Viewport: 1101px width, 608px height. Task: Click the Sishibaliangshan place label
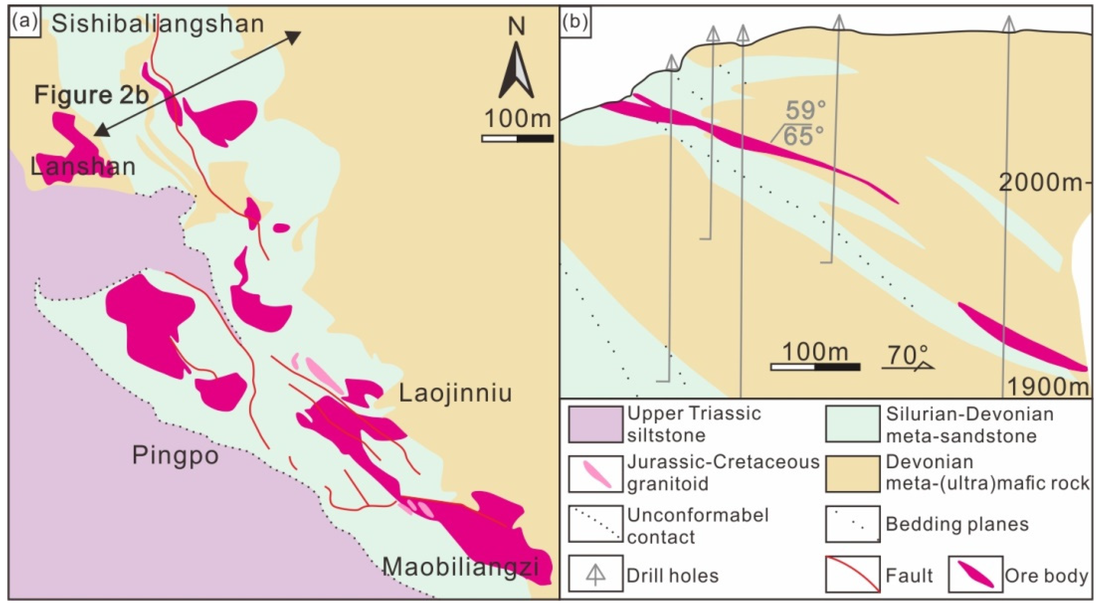pos(157,24)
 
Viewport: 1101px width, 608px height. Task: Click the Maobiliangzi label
pos(460,567)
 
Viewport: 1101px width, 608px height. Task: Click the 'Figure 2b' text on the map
pos(91,95)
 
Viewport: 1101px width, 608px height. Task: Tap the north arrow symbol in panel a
pos(516,71)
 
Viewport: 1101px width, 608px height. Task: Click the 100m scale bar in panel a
pos(517,138)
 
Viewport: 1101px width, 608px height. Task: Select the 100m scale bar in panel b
pos(815,366)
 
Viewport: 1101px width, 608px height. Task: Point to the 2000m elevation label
pos(1041,183)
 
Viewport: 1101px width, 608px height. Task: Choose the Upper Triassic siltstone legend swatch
pos(595,424)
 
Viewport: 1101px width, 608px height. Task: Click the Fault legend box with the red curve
pos(852,574)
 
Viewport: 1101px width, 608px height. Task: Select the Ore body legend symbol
pos(975,574)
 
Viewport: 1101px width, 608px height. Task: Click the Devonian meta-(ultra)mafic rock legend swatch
pos(852,474)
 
